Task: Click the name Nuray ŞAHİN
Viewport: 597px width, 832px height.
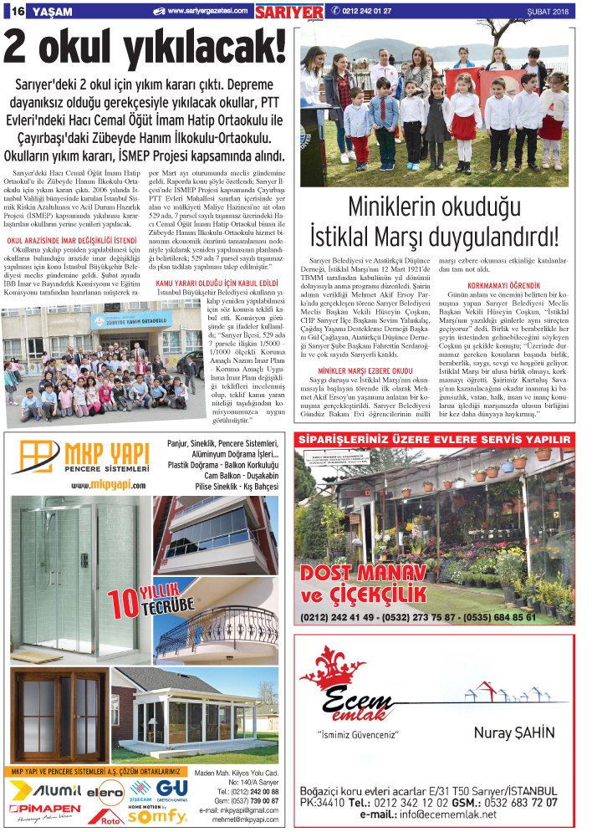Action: [513, 733]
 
